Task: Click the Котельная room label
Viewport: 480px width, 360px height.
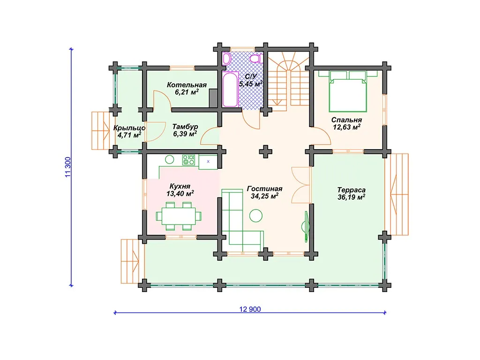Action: (187, 85)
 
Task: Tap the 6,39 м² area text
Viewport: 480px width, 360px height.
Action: (185, 134)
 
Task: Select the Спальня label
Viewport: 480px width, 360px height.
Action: (346, 120)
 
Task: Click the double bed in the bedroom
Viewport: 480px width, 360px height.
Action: (348, 91)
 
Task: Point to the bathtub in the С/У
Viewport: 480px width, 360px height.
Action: (231, 90)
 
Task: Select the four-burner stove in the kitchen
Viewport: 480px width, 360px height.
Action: (188, 160)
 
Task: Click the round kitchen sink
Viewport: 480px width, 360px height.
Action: (170, 159)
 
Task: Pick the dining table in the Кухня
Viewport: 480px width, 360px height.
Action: (179, 216)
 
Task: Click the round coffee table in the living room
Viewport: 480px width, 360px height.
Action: (256, 216)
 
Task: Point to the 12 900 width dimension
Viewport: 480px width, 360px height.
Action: (250, 309)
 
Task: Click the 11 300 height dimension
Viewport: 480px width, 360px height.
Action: (68, 167)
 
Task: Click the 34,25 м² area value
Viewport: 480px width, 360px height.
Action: (264, 196)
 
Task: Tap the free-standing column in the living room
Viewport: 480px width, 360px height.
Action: (265, 151)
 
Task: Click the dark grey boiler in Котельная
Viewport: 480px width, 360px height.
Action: (213, 98)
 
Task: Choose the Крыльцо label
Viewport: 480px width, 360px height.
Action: (129, 128)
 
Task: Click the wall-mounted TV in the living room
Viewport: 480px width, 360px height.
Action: (306, 226)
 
